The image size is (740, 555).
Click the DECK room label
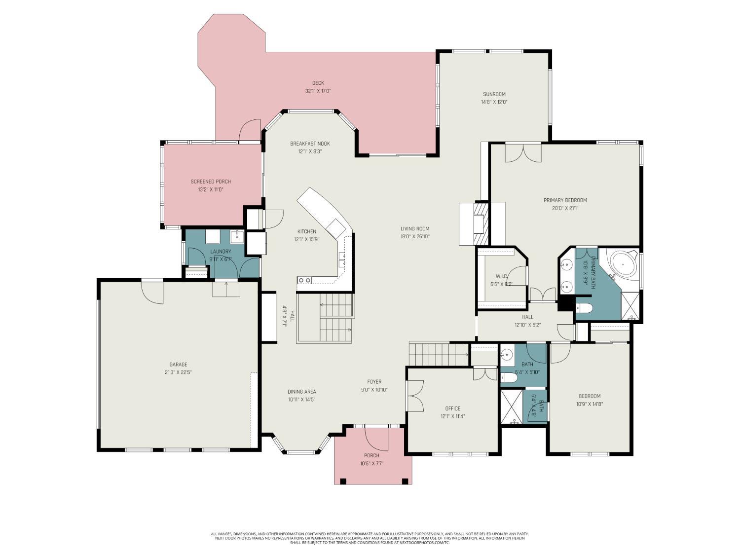tap(318, 83)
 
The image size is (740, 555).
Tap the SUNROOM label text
tap(494, 94)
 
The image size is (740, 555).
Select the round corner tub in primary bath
tap(623, 265)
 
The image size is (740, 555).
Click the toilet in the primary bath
tap(584, 308)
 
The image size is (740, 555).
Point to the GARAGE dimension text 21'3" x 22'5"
tap(178, 372)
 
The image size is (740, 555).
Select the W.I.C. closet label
tap(502, 276)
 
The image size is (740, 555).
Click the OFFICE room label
tap(452, 408)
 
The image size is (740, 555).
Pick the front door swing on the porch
tap(375, 438)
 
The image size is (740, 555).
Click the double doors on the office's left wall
tap(414, 396)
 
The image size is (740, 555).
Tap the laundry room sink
tap(237, 236)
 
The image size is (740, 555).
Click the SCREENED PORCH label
tap(211, 182)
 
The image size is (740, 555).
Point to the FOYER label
tap(374, 382)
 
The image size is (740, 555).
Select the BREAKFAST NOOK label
tap(310, 144)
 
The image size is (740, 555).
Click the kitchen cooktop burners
tap(304, 280)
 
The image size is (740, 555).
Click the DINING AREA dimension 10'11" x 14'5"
tap(301, 400)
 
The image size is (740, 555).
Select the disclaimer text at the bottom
tap(370, 538)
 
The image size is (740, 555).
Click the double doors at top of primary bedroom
tap(523, 152)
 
